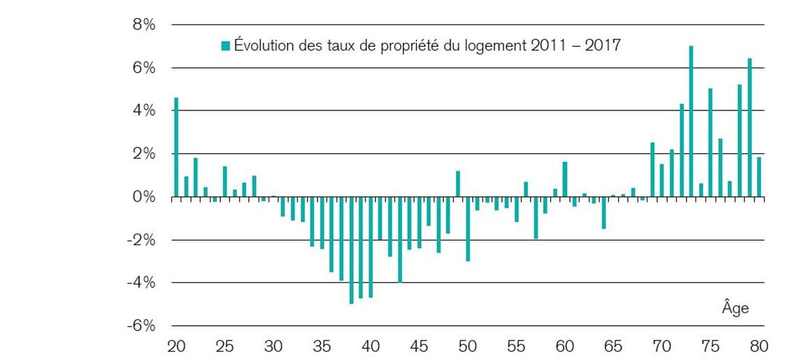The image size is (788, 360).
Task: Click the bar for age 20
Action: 176,147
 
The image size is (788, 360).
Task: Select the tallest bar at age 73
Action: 691,122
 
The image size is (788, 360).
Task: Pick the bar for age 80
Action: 759,178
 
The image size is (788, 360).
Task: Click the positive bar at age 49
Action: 458,184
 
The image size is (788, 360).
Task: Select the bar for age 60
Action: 565,180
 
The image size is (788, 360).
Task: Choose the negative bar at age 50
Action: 468,229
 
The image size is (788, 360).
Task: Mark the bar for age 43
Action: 400,240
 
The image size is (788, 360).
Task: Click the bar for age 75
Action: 710,143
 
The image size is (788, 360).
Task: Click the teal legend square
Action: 225,46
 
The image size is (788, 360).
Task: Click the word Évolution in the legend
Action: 263,46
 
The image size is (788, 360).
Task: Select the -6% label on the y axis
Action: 141,326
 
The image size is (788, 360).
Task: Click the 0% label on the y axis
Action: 144,197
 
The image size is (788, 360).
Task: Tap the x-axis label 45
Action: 419,346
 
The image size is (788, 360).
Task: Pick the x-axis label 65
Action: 614,346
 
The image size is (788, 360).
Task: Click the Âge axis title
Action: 735,308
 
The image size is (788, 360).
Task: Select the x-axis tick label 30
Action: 273,346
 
